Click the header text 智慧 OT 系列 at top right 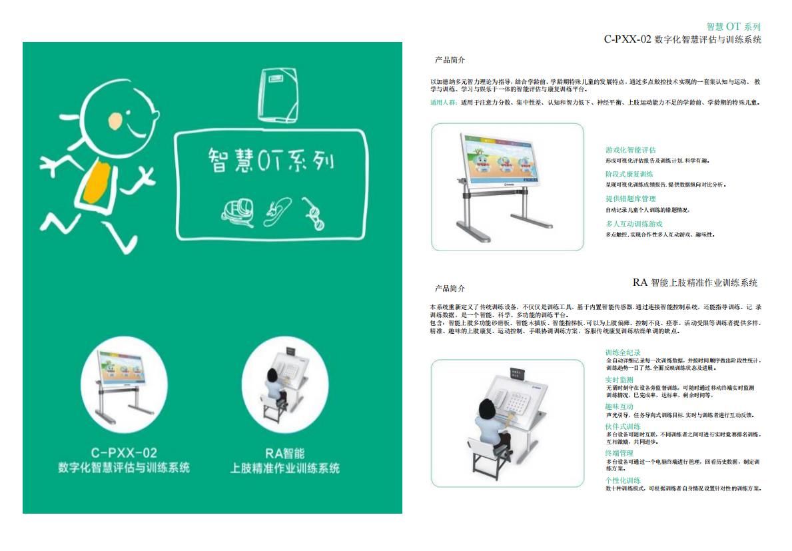click(x=733, y=27)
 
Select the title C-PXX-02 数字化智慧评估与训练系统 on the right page click(x=682, y=39)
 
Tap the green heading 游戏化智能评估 click(x=630, y=150)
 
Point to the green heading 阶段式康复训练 click(x=629, y=174)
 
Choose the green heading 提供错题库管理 click(x=630, y=199)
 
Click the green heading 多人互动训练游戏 click(x=633, y=224)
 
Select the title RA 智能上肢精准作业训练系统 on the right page click(x=695, y=282)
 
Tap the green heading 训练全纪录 click(x=623, y=352)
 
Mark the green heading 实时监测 click(x=619, y=380)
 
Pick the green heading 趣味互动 click(x=619, y=406)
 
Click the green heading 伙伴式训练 click(x=623, y=426)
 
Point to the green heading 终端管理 click(x=619, y=453)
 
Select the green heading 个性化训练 click(x=623, y=480)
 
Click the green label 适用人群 click(x=444, y=103)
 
